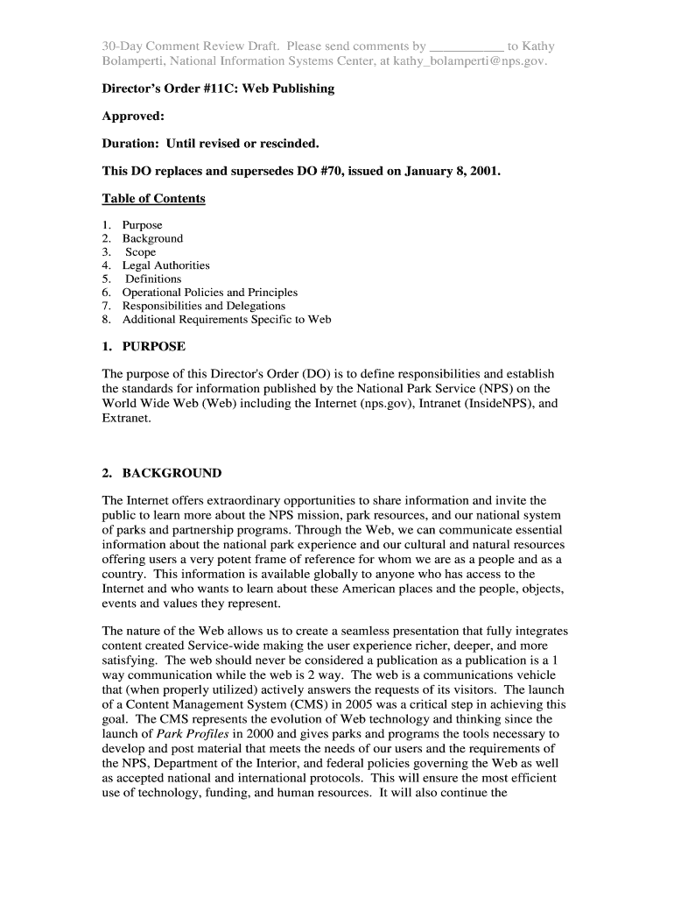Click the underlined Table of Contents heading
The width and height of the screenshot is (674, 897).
pyautogui.click(x=153, y=199)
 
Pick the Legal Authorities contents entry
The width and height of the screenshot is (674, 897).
pyautogui.click(x=165, y=265)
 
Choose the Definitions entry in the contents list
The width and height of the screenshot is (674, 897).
pyautogui.click(x=153, y=279)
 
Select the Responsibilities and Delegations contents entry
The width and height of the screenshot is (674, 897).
pyautogui.click(x=203, y=306)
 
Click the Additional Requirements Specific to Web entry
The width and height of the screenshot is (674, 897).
pyautogui.click(x=227, y=320)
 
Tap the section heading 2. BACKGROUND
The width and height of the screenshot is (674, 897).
pyautogui.click(x=162, y=473)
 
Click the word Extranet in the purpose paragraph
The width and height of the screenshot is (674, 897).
pyautogui.click(x=126, y=419)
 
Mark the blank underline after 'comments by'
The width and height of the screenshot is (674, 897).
pyautogui.click(x=468, y=46)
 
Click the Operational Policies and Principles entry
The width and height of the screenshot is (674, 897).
pyautogui.click(x=209, y=293)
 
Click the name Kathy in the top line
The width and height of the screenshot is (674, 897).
pyautogui.click(x=537, y=46)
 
